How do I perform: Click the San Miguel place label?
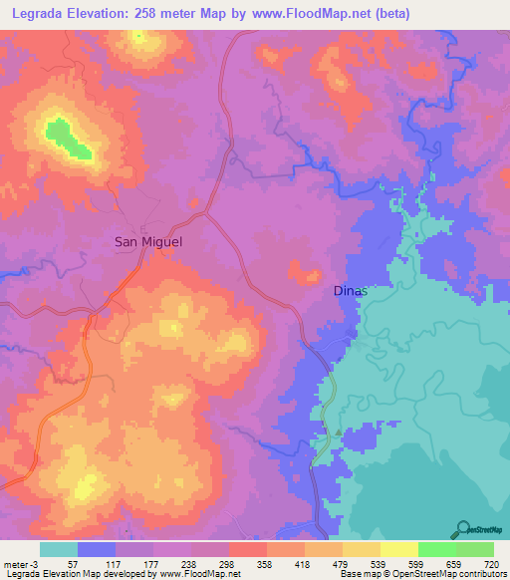148,241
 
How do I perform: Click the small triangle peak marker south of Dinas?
339,432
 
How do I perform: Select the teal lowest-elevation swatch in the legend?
59,549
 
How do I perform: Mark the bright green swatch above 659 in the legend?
436,549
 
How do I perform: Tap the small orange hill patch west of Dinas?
305,270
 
